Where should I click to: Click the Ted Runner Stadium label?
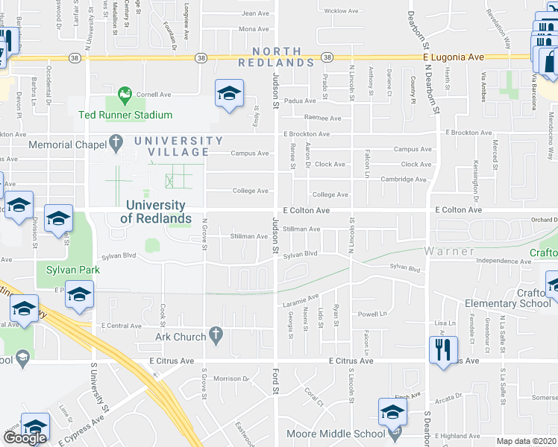pos(125,115)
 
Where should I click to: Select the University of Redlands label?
pos(155,212)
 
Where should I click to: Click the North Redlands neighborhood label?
pos(276,57)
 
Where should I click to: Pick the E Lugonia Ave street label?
pos(452,57)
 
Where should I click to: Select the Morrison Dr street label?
pos(230,379)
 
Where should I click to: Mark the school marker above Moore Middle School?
pos(393,411)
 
